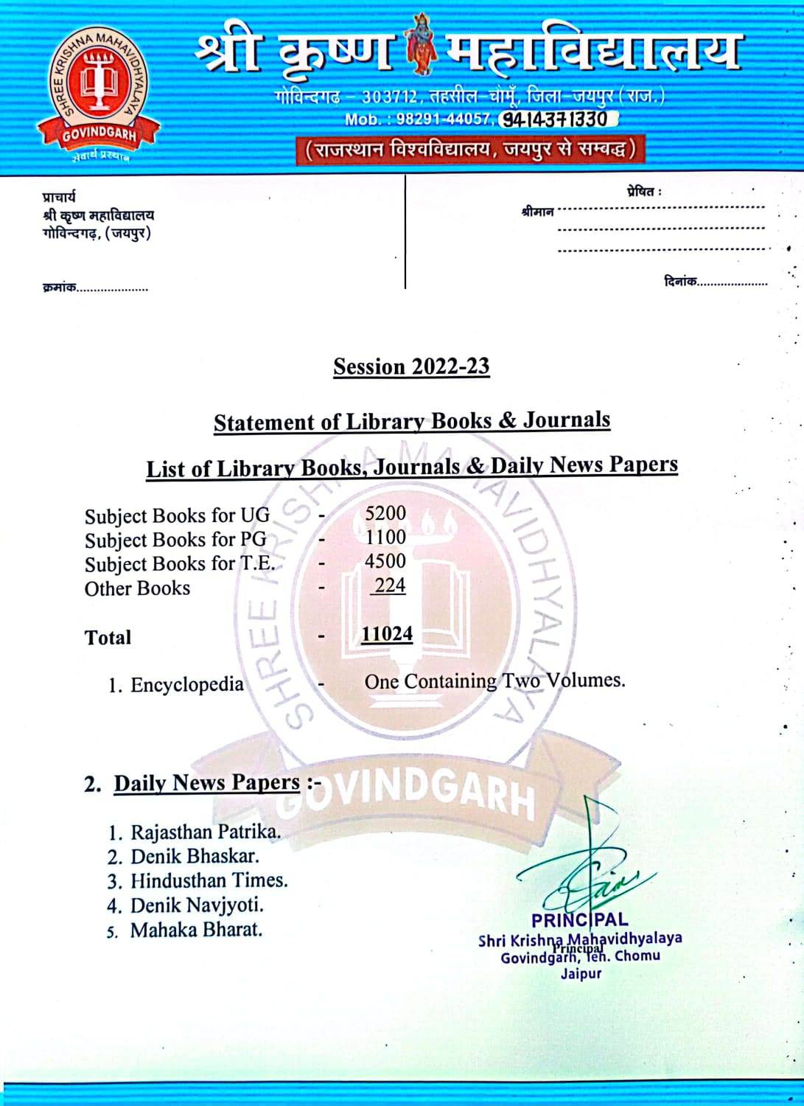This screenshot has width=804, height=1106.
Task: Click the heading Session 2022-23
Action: click(x=411, y=366)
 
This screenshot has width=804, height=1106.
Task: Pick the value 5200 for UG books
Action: click(x=385, y=513)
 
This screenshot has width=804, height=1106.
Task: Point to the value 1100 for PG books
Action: click(x=385, y=538)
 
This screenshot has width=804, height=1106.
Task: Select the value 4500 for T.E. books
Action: click(x=385, y=561)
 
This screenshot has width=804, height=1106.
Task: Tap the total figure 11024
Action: click(x=387, y=634)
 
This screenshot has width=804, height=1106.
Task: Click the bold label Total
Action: click(x=108, y=638)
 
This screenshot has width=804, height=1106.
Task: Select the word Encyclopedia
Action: click(x=186, y=685)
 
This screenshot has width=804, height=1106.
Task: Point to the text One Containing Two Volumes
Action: click(x=494, y=681)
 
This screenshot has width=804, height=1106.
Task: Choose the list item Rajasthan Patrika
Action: click(x=205, y=832)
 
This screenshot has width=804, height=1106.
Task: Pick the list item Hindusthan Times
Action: click(x=209, y=880)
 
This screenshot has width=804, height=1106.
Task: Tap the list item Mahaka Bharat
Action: click(x=196, y=930)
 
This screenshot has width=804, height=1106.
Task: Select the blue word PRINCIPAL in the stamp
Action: click(x=579, y=920)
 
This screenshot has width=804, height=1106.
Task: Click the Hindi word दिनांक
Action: click(x=679, y=282)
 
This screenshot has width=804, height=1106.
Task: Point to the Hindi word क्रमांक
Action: click(x=59, y=288)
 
